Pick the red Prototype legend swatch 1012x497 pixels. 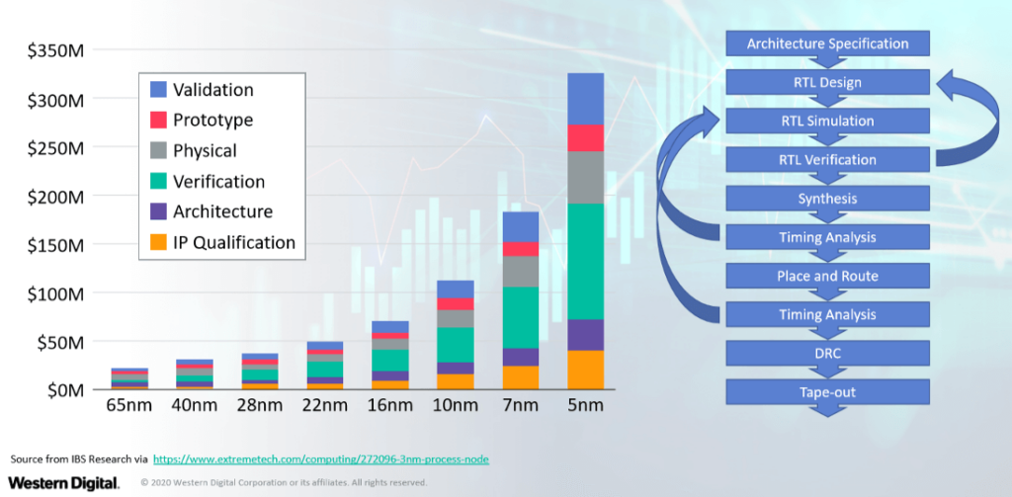pos(157,121)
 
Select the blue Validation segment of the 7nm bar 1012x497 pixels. pos(520,226)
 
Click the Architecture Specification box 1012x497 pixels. pos(827,43)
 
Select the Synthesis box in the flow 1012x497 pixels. pos(827,199)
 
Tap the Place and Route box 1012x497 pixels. pos(827,276)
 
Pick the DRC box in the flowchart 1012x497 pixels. pos(827,353)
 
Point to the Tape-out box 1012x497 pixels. pos(827,392)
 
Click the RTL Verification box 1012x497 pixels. pos(827,160)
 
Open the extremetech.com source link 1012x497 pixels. pos(321,459)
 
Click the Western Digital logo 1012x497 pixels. pos(63,482)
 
